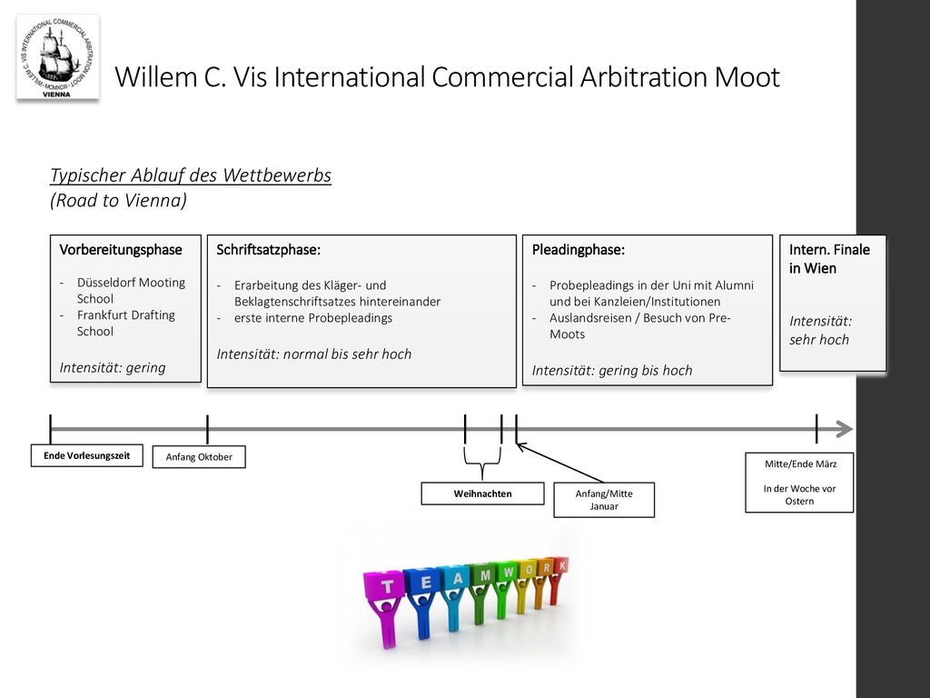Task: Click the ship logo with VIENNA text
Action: click(x=57, y=57)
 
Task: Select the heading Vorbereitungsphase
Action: click(x=121, y=250)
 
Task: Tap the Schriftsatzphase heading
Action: click(x=268, y=250)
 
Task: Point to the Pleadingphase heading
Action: click(x=579, y=250)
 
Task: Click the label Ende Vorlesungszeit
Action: click(x=86, y=456)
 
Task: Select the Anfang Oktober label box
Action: click(x=199, y=457)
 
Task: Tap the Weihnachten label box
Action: click(x=483, y=494)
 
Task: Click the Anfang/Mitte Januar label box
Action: click(x=604, y=500)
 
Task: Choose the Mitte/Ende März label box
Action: click(x=799, y=483)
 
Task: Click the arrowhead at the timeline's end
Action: click(x=845, y=429)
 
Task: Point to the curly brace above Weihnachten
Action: click(x=482, y=463)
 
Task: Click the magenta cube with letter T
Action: click(x=384, y=586)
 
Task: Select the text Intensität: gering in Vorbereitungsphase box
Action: click(x=113, y=368)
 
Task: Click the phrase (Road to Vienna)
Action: click(x=119, y=201)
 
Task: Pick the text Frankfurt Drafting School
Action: click(x=125, y=324)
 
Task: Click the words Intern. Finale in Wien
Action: click(x=829, y=259)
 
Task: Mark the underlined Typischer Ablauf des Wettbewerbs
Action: click(x=191, y=175)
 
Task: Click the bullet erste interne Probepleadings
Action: click(x=313, y=318)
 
